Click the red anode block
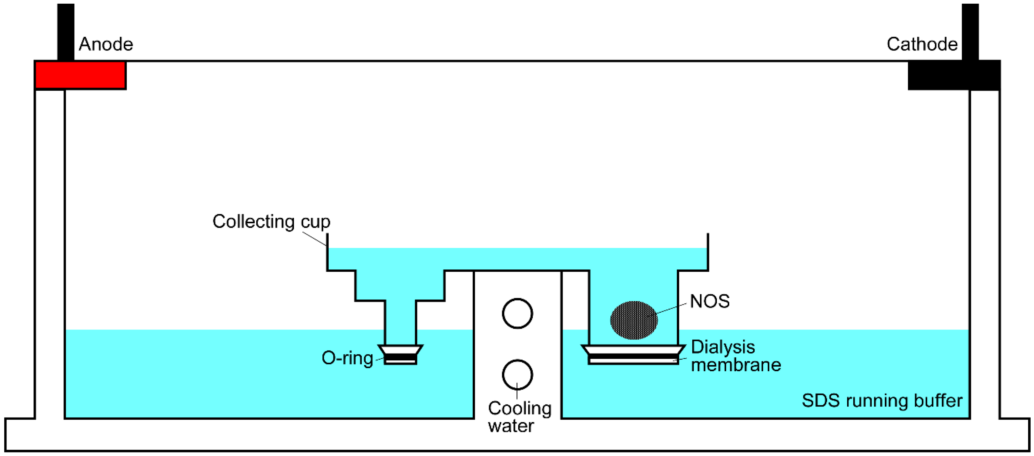(x=80, y=75)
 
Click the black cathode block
(x=953, y=75)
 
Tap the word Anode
(x=106, y=44)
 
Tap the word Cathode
(x=922, y=44)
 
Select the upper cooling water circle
(x=517, y=313)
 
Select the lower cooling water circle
(x=517, y=375)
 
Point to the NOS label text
(x=710, y=301)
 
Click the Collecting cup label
(x=271, y=222)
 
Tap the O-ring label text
(x=347, y=358)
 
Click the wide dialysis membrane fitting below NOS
(x=633, y=355)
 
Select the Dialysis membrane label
(x=735, y=356)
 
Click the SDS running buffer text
(x=882, y=401)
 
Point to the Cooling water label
(x=519, y=417)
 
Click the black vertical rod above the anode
(x=66, y=32)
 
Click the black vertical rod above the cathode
(x=970, y=32)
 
